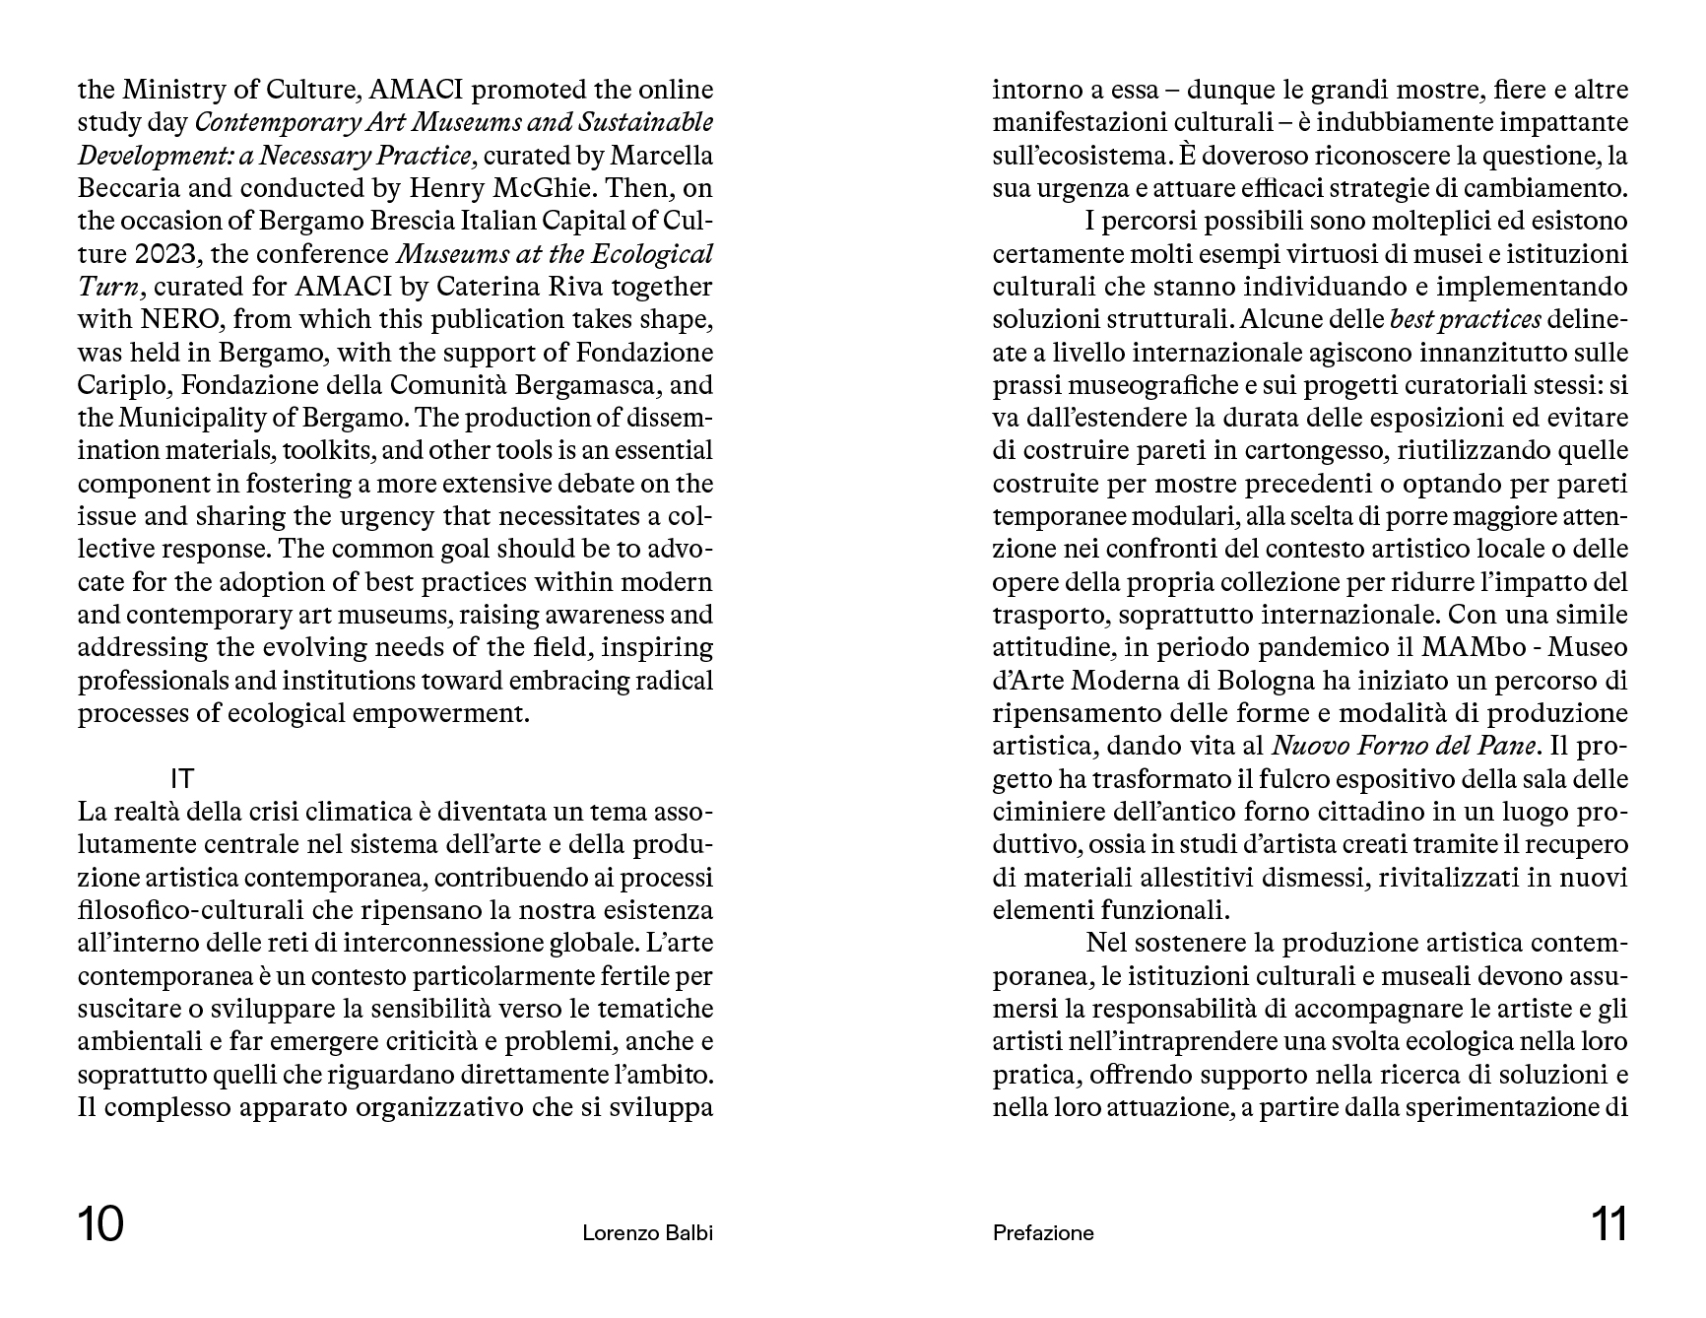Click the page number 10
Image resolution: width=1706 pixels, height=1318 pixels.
click(x=101, y=1225)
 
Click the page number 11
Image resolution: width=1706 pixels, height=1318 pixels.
click(x=1608, y=1225)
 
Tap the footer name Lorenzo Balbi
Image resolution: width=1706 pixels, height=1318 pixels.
click(x=647, y=1232)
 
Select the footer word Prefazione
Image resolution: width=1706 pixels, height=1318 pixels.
click(x=1043, y=1232)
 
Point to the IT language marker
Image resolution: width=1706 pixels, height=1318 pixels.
click(x=182, y=778)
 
